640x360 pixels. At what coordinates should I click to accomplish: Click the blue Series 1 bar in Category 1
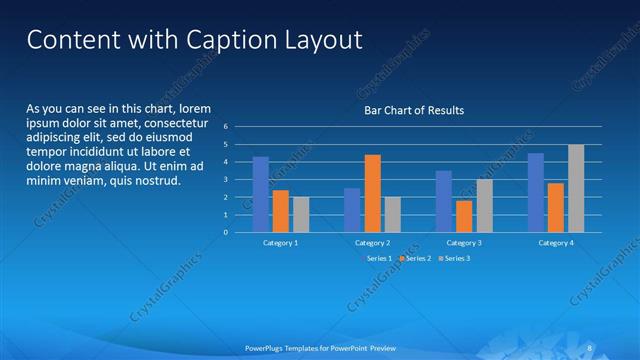[x=261, y=194]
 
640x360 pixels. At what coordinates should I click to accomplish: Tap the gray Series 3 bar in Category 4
[x=576, y=188]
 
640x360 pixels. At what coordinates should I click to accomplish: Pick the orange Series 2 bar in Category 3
[x=464, y=216]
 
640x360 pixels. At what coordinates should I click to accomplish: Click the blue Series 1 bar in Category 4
[x=536, y=192]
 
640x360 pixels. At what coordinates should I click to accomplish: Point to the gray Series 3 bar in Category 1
[x=301, y=214]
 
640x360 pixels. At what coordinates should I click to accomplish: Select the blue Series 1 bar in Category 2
[x=352, y=210]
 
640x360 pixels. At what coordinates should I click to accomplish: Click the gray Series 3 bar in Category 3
[x=484, y=205]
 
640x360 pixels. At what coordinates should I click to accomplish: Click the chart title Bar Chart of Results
[x=413, y=110]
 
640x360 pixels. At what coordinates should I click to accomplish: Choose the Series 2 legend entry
[x=415, y=258]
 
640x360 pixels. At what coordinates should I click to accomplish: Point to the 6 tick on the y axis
[x=226, y=127]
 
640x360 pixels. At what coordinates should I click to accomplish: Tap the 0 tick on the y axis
[x=226, y=232]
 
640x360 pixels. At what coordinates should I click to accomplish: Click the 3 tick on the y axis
[x=226, y=180]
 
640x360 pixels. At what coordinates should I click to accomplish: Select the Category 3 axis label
[x=464, y=243]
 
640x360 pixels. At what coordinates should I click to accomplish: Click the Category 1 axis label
[x=281, y=243]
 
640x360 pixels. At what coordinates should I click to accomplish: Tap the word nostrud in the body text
[x=155, y=181]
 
